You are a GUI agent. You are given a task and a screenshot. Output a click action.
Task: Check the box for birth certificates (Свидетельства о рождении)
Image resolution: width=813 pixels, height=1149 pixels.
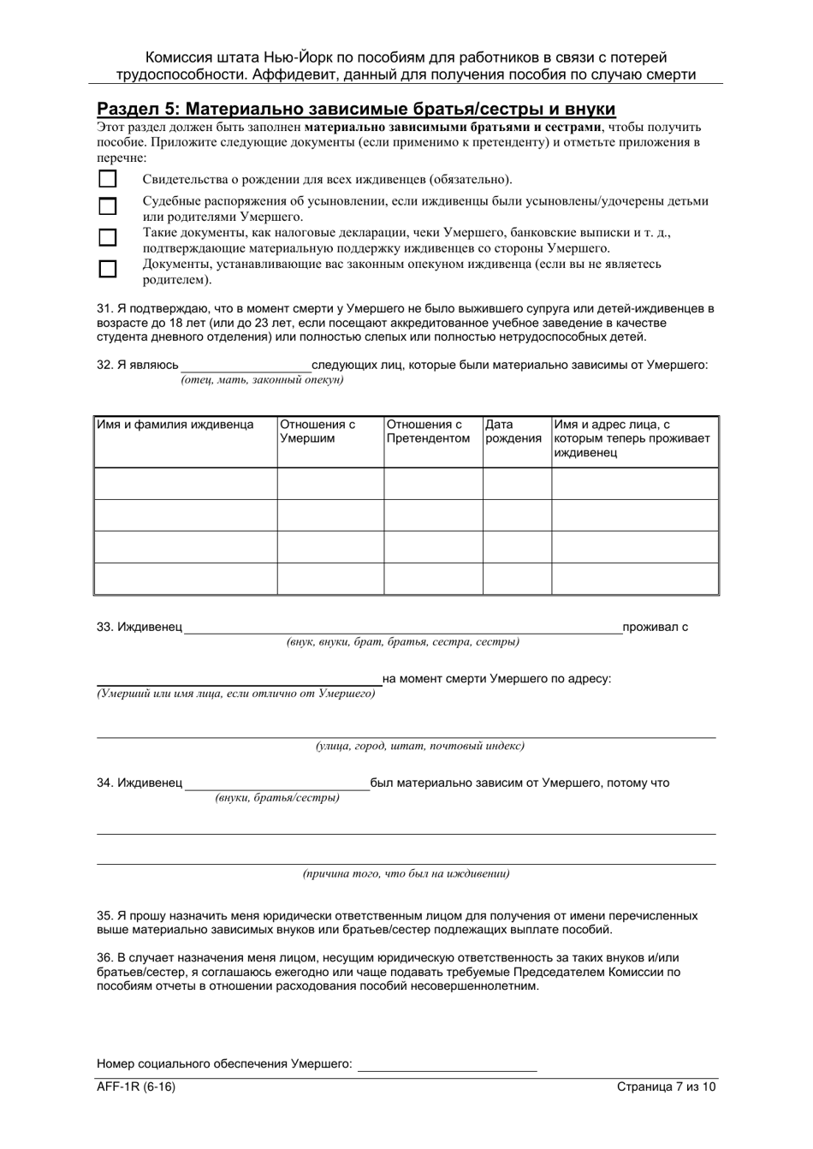(107, 179)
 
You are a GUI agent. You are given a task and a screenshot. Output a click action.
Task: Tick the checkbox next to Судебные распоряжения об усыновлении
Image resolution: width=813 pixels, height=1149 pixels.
(107, 206)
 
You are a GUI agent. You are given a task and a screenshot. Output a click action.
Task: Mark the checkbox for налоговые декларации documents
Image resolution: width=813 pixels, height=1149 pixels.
(107, 237)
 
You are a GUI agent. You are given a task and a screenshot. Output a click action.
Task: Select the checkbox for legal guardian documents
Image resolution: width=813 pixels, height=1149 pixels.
(107, 269)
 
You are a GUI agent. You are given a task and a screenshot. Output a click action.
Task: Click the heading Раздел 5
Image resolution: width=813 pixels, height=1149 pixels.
(356, 109)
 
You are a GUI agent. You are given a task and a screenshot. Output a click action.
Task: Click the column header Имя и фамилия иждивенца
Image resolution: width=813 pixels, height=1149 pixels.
(175, 425)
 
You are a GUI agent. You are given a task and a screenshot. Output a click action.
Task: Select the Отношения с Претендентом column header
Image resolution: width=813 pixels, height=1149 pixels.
(428, 432)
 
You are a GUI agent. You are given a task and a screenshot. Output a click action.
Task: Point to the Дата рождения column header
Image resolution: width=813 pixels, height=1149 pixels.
(513, 432)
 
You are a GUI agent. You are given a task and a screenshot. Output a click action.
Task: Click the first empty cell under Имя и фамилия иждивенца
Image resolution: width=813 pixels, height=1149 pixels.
(185, 484)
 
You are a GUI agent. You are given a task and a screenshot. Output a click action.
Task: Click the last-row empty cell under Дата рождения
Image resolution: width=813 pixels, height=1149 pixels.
(517, 579)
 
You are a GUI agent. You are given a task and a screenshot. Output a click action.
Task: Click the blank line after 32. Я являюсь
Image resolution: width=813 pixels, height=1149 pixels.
(245, 366)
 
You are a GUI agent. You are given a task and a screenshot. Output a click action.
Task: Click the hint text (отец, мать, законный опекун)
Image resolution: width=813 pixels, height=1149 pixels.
(262, 379)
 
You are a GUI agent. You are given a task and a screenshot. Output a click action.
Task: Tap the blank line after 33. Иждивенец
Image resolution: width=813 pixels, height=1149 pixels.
(403, 628)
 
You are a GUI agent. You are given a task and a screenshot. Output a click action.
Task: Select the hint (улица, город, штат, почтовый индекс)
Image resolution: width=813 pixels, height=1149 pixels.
(419, 746)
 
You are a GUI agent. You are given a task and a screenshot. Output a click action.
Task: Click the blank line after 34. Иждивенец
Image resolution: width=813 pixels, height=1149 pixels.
(277, 783)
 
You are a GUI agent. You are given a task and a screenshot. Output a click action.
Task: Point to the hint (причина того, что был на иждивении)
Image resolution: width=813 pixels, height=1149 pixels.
(406, 874)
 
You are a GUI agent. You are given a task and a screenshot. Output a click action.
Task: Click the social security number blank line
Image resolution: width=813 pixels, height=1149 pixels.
(447, 1064)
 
